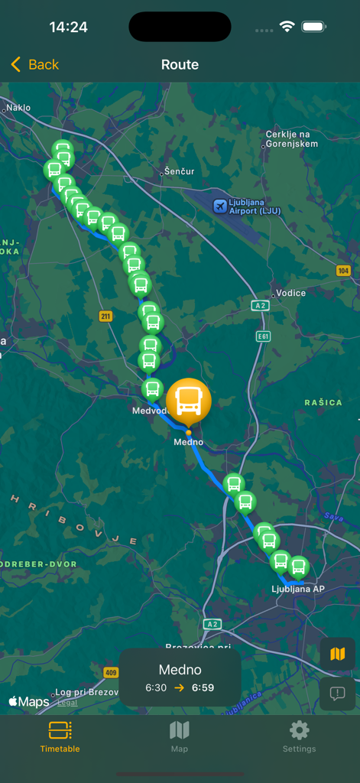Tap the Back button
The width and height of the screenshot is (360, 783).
(x=35, y=65)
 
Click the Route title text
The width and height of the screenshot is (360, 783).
(x=180, y=65)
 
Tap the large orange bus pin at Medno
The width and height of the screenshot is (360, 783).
(x=188, y=399)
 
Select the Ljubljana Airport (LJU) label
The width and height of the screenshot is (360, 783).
(x=255, y=206)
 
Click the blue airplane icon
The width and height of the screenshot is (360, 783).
(x=220, y=206)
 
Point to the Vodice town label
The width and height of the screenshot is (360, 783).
(x=290, y=293)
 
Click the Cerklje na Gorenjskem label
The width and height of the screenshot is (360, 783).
(x=290, y=139)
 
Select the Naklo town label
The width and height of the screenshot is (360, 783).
(x=18, y=108)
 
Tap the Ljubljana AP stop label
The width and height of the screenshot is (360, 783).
(x=298, y=589)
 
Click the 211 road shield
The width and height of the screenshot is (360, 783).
(x=105, y=316)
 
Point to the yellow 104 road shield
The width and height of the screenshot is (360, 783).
(x=343, y=271)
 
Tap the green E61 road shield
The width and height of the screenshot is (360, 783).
(x=264, y=336)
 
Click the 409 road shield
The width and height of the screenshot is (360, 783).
(x=111, y=673)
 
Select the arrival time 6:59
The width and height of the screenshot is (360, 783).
(x=203, y=687)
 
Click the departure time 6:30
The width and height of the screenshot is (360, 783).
(x=156, y=687)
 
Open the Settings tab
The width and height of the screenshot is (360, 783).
(x=299, y=736)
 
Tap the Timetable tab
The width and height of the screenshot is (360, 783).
(x=60, y=736)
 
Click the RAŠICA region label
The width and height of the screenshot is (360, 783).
(x=323, y=402)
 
